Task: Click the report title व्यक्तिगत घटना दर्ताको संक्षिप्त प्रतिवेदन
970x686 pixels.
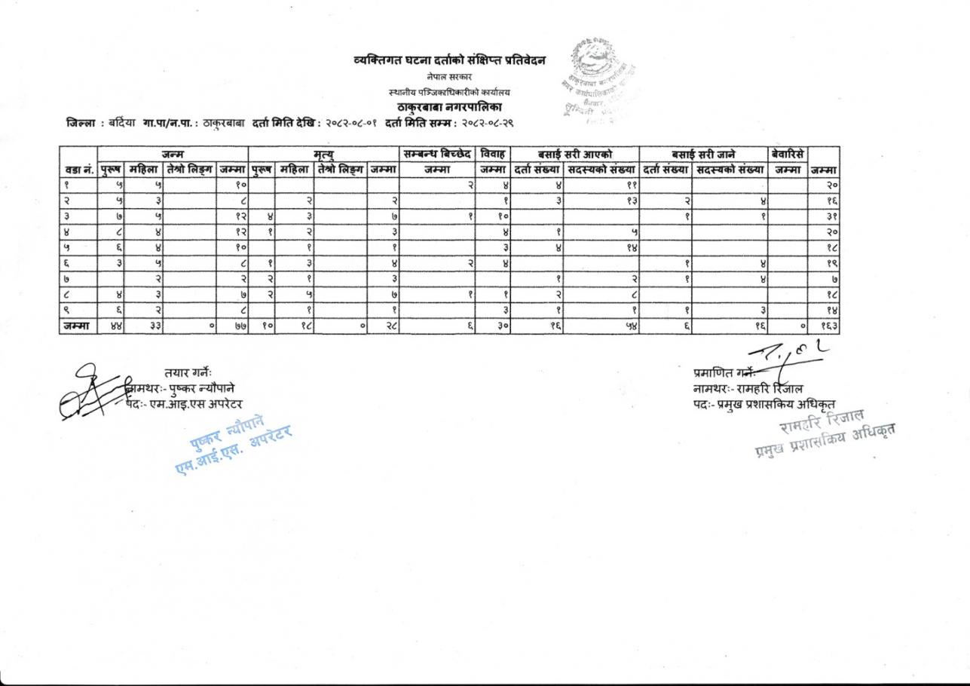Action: pyautogui.click(x=450, y=60)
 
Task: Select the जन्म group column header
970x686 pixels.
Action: pyautogui.click(x=173, y=154)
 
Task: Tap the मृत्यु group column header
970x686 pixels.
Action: pyautogui.click(x=323, y=154)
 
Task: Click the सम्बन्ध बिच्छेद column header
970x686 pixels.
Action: pyautogui.click(x=438, y=154)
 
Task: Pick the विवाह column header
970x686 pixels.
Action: pyautogui.click(x=494, y=154)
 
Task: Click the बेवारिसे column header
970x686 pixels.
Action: pyautogui.click(x=787, y=154)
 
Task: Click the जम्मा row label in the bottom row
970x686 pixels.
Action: pyautogui.click(x=78, y=326)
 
